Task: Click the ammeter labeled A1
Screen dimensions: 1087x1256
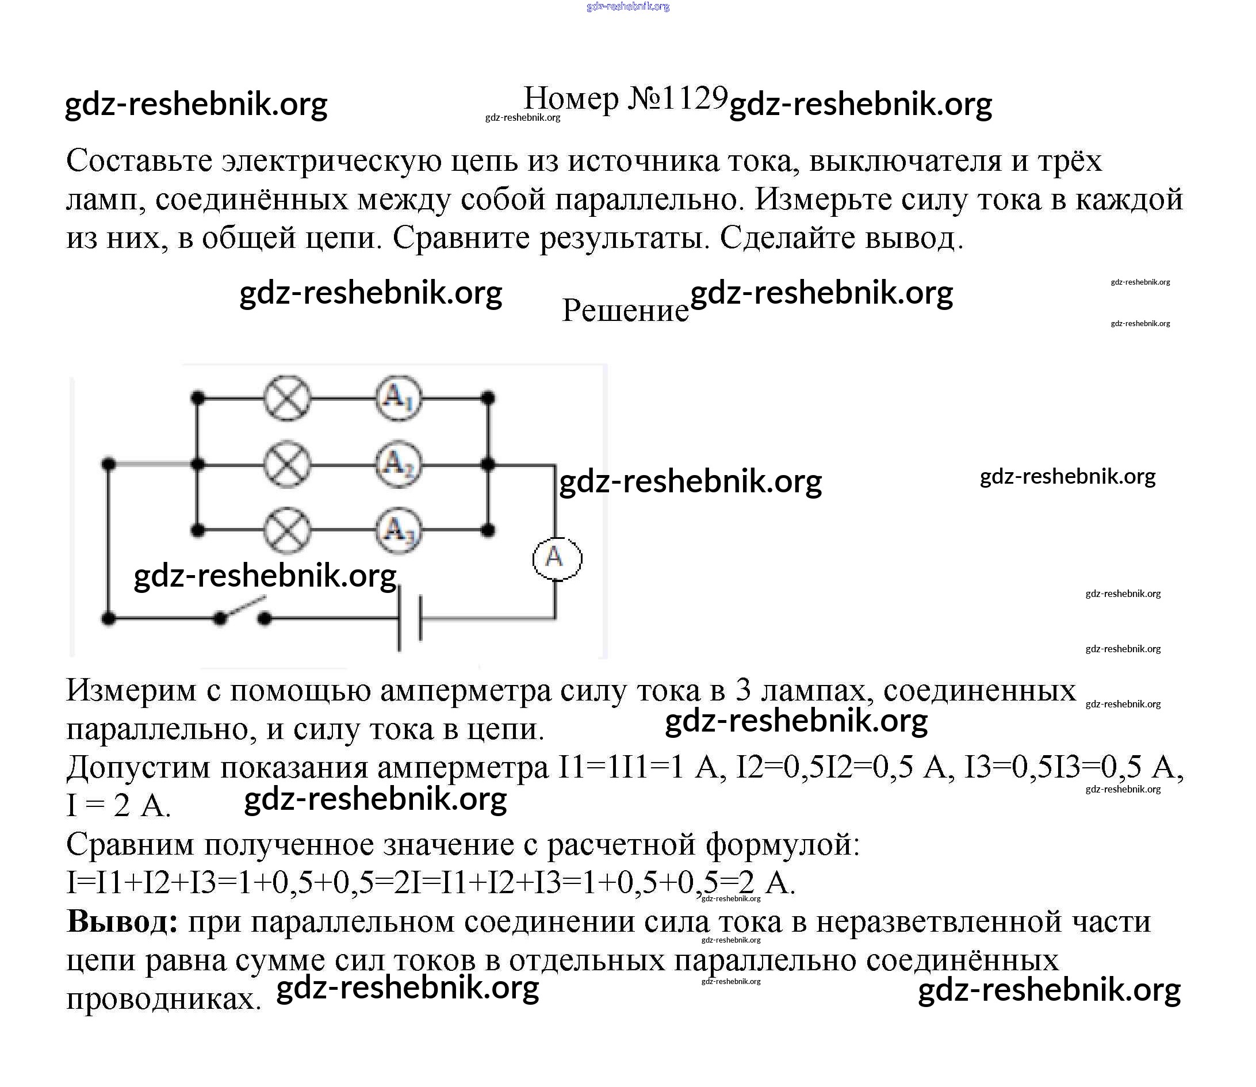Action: [x=399, y=399]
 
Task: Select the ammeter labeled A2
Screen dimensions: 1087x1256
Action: [x=399, y=465]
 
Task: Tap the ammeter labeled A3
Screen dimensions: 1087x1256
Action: [x=399, y=530]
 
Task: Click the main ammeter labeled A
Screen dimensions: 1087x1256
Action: [x=557, y=558]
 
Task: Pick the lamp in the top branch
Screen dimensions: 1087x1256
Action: [x=288, y=399]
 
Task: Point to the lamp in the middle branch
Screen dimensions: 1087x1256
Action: [x=288, y=465]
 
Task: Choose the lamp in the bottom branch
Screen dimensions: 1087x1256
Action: [x=288, y=530]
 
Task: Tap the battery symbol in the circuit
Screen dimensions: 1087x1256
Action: [x=410, y=619]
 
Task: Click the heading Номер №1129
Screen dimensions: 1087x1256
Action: [x=625, y=98]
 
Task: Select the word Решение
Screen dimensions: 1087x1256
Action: [x=625, y=311]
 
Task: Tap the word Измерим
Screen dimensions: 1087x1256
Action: [x=131, y=690]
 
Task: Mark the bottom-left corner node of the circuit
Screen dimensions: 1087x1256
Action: [x=109, y=619]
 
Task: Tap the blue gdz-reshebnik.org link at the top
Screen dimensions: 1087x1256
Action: [x=627, y=7]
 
